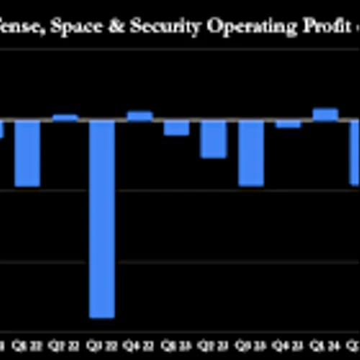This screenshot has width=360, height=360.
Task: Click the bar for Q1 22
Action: pos(27,153)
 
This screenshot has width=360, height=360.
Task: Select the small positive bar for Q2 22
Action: pos(65,117)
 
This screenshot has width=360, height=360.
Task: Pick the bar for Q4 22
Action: pos(139,116)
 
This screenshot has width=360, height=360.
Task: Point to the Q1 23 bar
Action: pos(176,128)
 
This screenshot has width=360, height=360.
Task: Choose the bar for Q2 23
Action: pos(213,139)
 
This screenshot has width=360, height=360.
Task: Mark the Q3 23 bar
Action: pos(251,153)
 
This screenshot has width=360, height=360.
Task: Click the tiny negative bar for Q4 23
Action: pos(288,124)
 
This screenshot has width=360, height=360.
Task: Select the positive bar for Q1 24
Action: pos(325,114)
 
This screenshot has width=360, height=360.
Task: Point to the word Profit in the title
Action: pos(307,27)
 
